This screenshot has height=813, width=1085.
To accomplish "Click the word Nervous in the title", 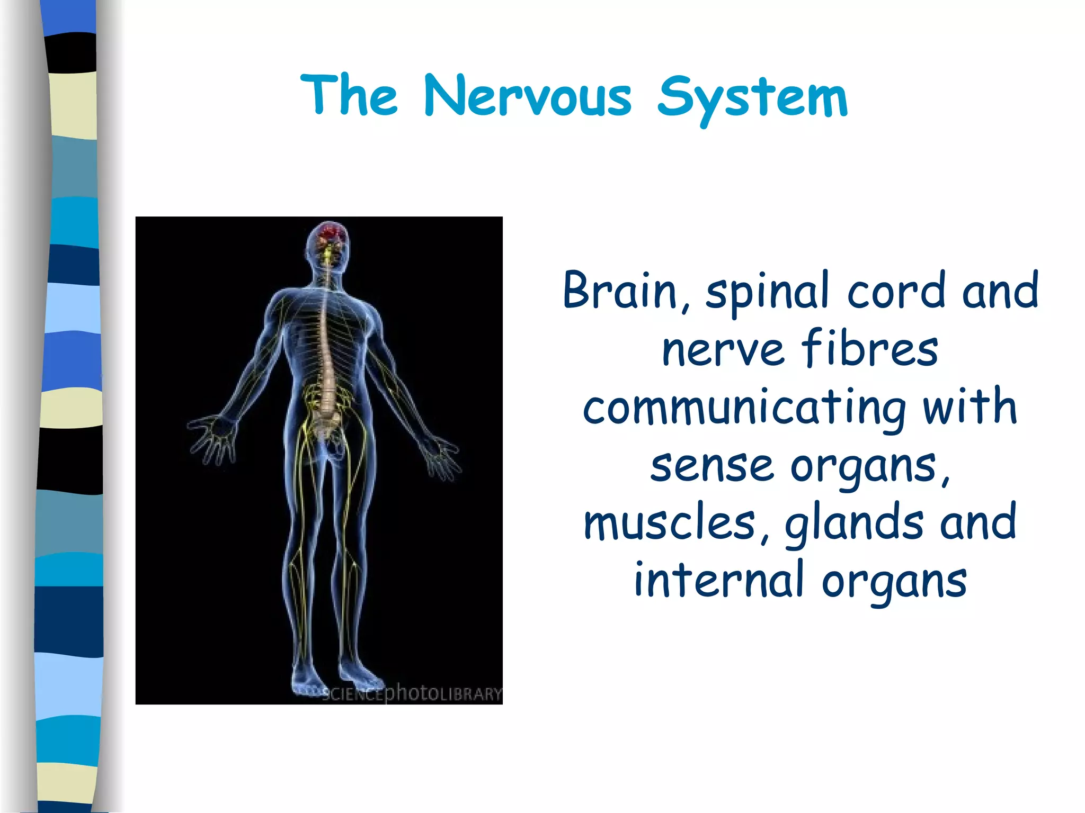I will [x=528, y=96].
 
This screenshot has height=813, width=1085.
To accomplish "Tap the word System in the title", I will [x=752, y=98].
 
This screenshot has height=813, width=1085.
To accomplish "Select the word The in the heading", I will [x=349, y=95].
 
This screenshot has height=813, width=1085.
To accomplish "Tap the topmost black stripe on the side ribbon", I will [x=71, y=52].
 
